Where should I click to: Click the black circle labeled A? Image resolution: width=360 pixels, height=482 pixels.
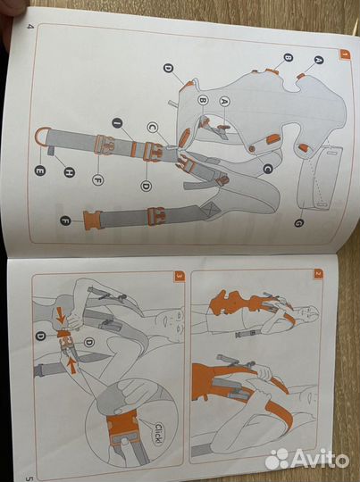(318, 61)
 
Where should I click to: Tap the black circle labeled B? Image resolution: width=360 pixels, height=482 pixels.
(288, 57)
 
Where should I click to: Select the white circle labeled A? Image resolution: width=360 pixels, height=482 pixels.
(225, 101)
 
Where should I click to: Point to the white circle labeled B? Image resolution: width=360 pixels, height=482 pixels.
(203, 100)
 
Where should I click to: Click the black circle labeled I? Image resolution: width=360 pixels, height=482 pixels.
(118, 123)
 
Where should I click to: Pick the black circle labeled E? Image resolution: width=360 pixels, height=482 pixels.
(40, 170)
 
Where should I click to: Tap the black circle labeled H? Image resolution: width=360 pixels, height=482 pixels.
(70, 172)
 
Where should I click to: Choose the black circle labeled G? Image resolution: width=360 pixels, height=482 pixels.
(298, 222)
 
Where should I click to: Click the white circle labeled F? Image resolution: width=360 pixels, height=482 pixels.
(98, 179)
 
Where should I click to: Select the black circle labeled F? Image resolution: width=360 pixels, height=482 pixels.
(65, 220)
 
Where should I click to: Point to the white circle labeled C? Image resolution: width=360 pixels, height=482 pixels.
(153, 128)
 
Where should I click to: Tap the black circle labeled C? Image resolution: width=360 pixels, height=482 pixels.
(268, 169)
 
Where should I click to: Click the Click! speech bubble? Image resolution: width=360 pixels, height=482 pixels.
(158, 433)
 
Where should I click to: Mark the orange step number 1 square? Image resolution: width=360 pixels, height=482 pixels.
(345, 54)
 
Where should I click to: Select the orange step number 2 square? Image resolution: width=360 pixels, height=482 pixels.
(318, 273)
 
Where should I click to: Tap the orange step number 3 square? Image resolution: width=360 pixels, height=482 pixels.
(180, 276)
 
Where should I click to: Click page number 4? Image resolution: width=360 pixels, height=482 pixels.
(29, 27)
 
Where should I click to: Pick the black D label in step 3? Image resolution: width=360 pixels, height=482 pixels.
(40, 336)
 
